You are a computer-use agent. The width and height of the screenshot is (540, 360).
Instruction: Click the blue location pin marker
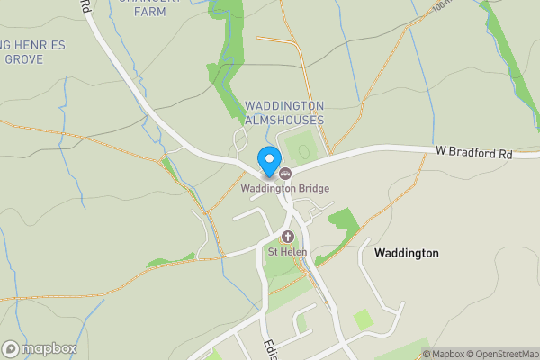pyautogui.click(x=268, y=161)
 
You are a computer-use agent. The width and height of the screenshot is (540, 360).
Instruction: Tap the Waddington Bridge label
pyautogui.click(x=284, y=189)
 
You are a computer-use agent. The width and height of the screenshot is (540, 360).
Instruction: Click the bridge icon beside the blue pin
pyautogui.click(x=285, y=174)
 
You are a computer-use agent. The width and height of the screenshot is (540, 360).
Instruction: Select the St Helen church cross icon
pyautogui.click(x=288, y=237)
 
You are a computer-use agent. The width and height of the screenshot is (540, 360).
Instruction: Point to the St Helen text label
pyautogui.click(x=287, y=252)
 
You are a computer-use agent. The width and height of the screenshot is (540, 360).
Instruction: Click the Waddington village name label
pyautogui.click(x=406, y=253)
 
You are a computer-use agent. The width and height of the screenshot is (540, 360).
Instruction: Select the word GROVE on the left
pyautogui.click(x=24, y=59)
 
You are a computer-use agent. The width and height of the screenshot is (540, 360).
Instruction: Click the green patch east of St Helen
pyautogui.click(x=342, y=223)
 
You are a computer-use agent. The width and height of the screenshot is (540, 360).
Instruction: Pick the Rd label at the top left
pyautogui.click(x=86, y=5)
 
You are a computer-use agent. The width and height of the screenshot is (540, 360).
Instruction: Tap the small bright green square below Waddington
pyautogui.click(x=363, y=319)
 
